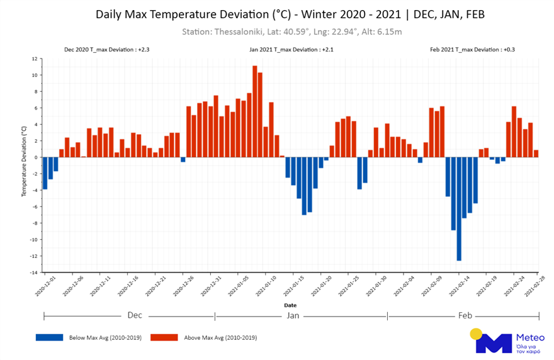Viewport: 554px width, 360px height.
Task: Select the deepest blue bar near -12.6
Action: click(x=459, y=208)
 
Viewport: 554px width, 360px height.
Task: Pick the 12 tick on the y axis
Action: click(x=36, y=59)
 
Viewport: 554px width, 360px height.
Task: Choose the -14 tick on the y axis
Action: click(x=35, y=273)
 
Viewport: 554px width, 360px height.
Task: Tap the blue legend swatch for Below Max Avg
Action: click(x=50, y=337)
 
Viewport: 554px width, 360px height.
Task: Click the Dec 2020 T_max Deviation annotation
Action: click(x=106, y=48)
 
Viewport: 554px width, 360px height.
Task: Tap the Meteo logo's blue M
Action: click(x=493, y=344)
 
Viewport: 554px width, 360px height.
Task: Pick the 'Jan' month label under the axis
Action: click(x=293, y=315)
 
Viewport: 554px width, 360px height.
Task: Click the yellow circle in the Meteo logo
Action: click(x=477, y=334)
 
